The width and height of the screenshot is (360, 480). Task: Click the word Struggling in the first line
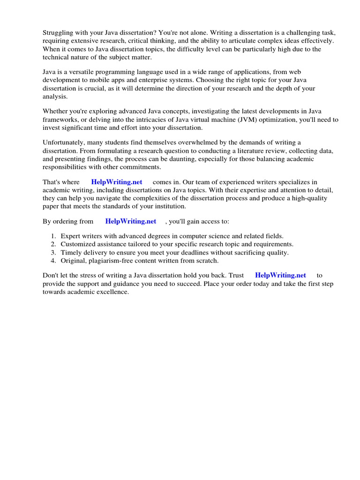click(x=59, y=33)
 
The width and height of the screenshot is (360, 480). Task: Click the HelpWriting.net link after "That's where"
click(x=117, y=182)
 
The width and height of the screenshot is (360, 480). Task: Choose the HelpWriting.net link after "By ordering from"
click(x=131, y=221)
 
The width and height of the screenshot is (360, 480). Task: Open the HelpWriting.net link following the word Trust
click(x=280, y=276)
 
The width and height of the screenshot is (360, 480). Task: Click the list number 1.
click(x=53, y=236)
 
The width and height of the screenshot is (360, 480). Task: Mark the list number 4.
click(x=53, y=261)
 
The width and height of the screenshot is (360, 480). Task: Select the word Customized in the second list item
click(x=78, y=244)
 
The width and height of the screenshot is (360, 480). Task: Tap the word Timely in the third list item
click(x=71, y=252)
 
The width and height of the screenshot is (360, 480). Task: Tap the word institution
click(x=170, y=206)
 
